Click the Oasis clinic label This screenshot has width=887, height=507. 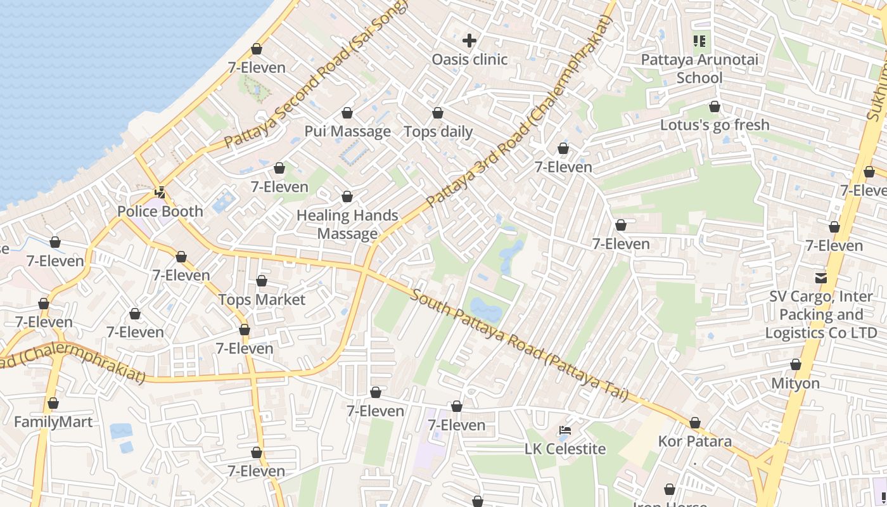(469, 60)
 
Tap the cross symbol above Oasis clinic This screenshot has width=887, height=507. (469, 41)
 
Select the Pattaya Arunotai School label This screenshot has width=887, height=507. (699, 68)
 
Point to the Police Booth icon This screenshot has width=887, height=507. (160, 193)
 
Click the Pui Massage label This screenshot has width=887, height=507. (347, 132)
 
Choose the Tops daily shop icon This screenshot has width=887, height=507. (438, 113)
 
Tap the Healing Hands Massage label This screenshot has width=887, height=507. (347, 224)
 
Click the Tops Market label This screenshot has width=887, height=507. (262, 300)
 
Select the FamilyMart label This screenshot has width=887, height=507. (53, 422)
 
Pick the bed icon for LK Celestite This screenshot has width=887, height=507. (565, 431)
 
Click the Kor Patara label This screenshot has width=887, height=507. (695, 441)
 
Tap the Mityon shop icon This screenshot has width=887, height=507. (796, 365)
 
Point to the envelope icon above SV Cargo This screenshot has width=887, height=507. (821, 278)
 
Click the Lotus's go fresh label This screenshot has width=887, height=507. (715, 125)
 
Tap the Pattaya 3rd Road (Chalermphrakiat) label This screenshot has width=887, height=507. (520, 113)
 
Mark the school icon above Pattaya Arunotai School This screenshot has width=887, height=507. (699, 42)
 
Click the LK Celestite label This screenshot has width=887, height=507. (565, 449)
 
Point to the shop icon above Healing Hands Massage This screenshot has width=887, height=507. (347, 197)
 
